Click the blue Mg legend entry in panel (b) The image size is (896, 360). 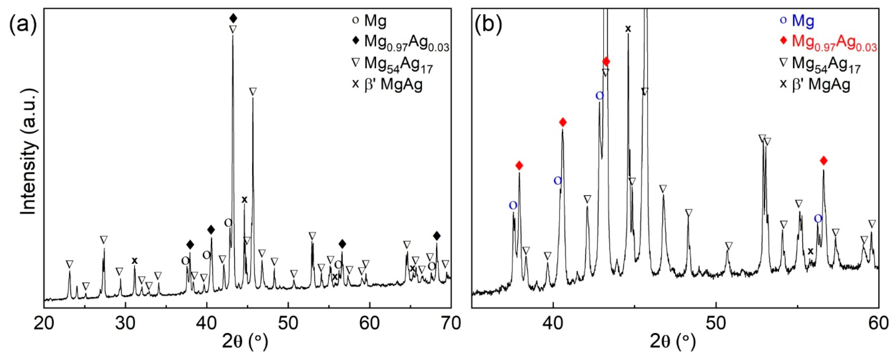(796, 21)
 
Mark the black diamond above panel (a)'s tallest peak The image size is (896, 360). (233, 18)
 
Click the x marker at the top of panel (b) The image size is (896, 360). (628, 29)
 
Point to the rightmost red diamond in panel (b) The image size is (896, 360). (824, 160)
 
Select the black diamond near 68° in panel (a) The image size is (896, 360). (437, 236)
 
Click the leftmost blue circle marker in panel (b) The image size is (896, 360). (513, 206)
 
